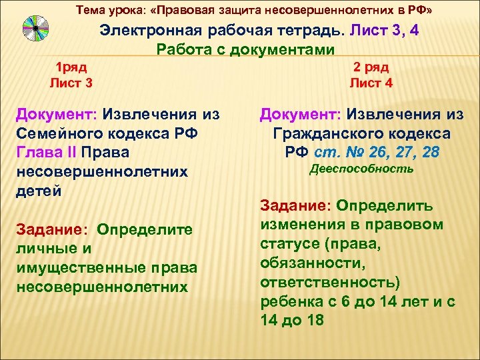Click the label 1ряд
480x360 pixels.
click(71, 67)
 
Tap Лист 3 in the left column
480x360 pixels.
click(71, 83)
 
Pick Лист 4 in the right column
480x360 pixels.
click(371, 83)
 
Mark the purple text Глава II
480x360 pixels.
click(46, 153)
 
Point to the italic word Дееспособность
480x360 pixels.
click(362, 169)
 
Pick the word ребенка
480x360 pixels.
click(291, 301)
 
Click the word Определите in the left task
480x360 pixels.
click(145, 230)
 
